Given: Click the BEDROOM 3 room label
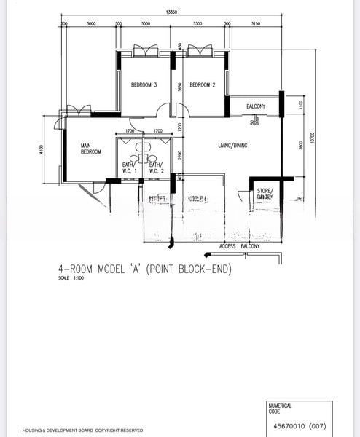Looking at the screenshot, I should click(x=144, y=85).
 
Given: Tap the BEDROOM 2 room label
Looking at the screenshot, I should click(x=203, y=85).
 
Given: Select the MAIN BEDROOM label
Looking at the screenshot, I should click(x=90, y=149).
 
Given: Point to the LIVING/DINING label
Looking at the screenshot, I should click(x=233, y=146).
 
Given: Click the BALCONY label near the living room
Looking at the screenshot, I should click(x=255, y=107).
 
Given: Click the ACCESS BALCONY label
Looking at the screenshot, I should click(x=240, y=247).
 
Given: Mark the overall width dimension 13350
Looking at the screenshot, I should click(x=172, y=12).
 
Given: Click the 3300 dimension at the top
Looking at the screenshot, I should click(x=197, y=24).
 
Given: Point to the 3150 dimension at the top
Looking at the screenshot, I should click(x=255, y=24).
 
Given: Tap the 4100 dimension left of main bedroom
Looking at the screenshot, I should click(x=43, y=150).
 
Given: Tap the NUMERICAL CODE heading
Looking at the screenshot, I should click(x=281, y=408).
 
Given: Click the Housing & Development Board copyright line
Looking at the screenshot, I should click(x=82, y=430).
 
